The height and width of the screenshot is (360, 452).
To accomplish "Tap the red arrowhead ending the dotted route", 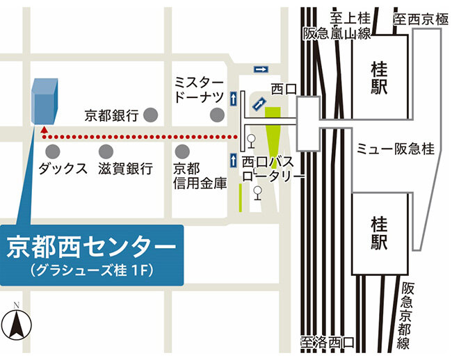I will tap(44, 129).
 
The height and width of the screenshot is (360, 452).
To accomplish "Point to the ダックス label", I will tap(63, 169).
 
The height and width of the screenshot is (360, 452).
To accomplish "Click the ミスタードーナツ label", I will tap(198, 89).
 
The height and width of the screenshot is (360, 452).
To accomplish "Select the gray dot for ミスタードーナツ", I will tap(218, 113).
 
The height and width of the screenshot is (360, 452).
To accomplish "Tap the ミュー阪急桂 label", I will tap(395, 149).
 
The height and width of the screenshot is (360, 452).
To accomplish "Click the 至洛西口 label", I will tap(327, 342).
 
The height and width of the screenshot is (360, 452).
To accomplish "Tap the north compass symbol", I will tap(17, 324).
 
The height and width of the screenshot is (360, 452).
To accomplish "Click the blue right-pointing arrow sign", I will tap(261, 69).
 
